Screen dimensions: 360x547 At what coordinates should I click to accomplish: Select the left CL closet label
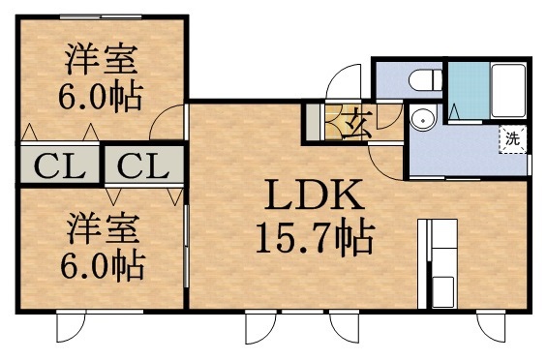pyautogui.click(x=57, y=165)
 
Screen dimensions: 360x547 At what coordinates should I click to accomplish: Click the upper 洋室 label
pyautogui.click(x=101, y=60)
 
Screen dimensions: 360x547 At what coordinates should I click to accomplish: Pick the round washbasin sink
pyautogui.click(x=422, y=119)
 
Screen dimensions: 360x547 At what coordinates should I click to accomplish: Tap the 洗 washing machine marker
pyautogui.click(x=512, y=138)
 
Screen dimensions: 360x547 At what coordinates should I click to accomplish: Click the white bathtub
pyautogui.click(x=507, y=92)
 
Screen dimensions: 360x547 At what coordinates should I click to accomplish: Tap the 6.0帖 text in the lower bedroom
pyautogui.click(x=101, y=264)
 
